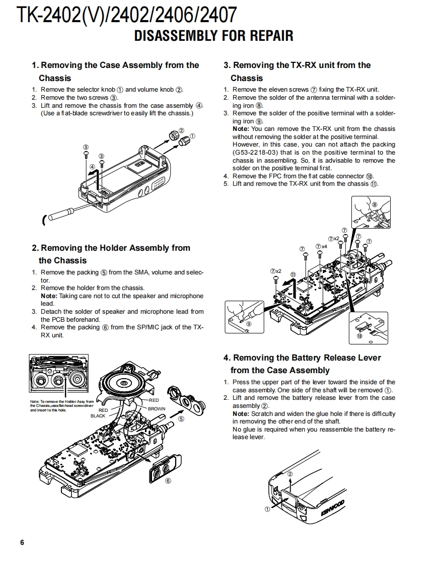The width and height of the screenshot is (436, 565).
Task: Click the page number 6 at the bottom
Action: click(22, 542)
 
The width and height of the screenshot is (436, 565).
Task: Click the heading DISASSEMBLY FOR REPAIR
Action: click(213, 36)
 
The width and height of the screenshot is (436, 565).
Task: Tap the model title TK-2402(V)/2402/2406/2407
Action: click(127, 15)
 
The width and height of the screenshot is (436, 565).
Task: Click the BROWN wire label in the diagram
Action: click(156, 409)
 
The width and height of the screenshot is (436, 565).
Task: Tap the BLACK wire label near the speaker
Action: click(98, 416)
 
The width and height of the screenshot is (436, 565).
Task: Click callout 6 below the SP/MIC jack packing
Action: click(168, 480)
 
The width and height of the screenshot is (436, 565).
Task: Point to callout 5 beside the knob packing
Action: click(181, 418)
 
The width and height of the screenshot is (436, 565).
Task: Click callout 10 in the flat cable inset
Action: click(359, 335)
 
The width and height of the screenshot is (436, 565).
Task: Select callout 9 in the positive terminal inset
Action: click(248, 324)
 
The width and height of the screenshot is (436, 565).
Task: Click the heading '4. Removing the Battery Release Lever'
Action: click(302, 358)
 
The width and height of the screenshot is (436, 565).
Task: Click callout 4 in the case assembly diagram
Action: click(92, 166)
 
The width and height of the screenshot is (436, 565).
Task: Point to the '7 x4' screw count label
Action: click(321, 246)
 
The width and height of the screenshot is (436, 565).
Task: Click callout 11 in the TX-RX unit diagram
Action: click(293, 274)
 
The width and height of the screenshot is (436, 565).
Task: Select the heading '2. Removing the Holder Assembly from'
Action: click(111, 248)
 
